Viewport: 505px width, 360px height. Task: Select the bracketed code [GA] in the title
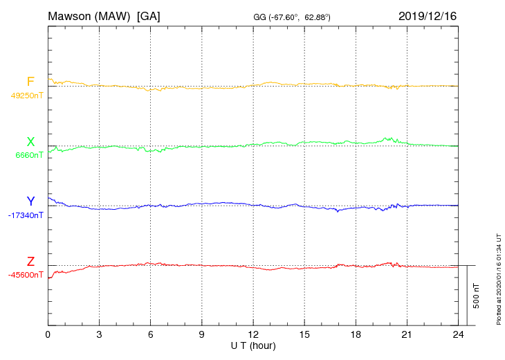coord(149,15)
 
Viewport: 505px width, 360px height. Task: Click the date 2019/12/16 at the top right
coord(428,15)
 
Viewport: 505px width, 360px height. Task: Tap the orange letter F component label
coord(30,82)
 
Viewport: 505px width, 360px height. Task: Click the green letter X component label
coord(30,142)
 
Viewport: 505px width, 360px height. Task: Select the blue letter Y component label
coord(30,201)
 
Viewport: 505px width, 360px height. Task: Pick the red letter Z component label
coord(30,262)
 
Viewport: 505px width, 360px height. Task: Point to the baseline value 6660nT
coord(29,156)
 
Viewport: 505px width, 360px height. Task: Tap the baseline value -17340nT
coord(26,216)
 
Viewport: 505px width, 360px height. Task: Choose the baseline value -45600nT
coord(26,275)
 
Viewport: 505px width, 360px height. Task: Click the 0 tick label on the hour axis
coord(48,335)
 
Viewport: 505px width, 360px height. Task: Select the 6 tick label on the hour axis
coord(150,335)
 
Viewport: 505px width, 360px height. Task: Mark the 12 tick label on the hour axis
coord(253,335)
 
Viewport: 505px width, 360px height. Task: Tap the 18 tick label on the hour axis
coord(356,335)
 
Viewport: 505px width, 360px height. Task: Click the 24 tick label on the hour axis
coord(458,335)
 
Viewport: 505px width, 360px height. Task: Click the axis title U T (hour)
coord(253,345)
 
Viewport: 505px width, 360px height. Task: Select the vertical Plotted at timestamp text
coord(499,278)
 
